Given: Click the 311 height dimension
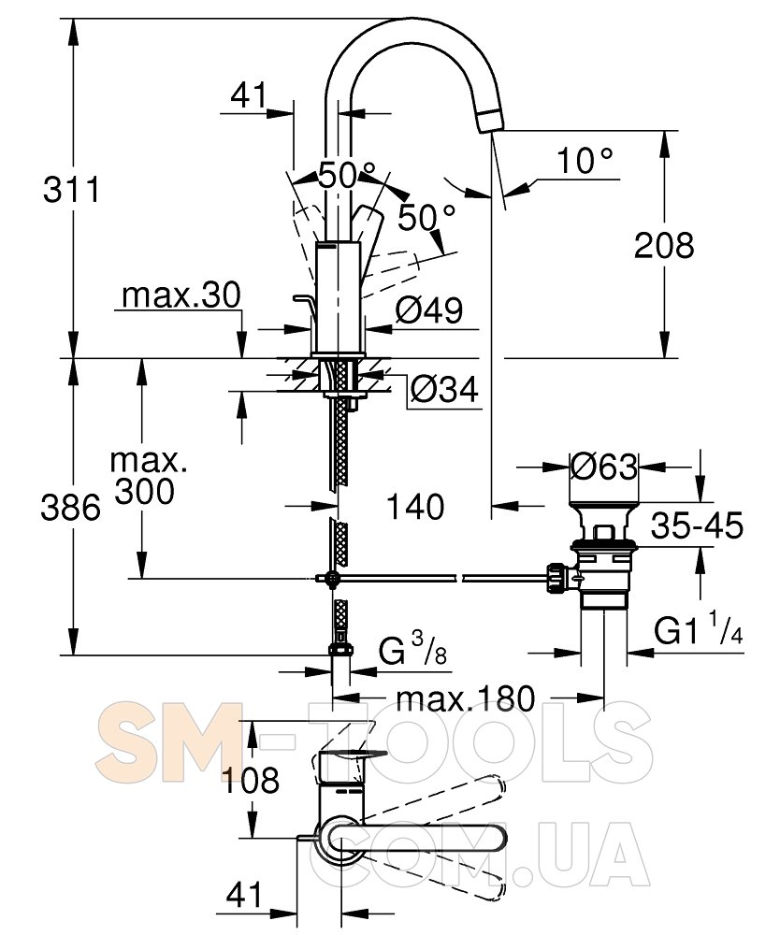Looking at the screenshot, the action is coord(72,190).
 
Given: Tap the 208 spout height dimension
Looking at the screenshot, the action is coord(664,245).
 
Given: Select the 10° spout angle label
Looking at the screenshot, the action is coord(585,161).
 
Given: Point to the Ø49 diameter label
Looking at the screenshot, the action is coord(429,309).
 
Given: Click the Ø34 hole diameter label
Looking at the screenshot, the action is coord(445,390).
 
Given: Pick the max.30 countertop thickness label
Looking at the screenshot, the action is coord(181,295).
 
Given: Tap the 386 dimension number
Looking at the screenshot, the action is coord(70,509).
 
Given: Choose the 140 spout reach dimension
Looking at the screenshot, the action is coord(415,507).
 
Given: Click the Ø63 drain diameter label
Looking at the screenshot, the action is coord(604,467).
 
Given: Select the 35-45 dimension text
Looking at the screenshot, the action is coord(697,525).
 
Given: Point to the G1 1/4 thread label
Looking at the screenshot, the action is coord(699,628).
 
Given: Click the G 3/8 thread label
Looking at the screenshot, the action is coord(413,650).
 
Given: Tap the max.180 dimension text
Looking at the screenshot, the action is coord(466,698).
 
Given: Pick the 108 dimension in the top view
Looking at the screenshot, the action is coord(251,780).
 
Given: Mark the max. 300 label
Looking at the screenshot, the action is coord(146,477).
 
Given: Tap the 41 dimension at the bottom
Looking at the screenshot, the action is coord(244,896).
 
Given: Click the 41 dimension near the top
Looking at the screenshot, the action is coord(249,95).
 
